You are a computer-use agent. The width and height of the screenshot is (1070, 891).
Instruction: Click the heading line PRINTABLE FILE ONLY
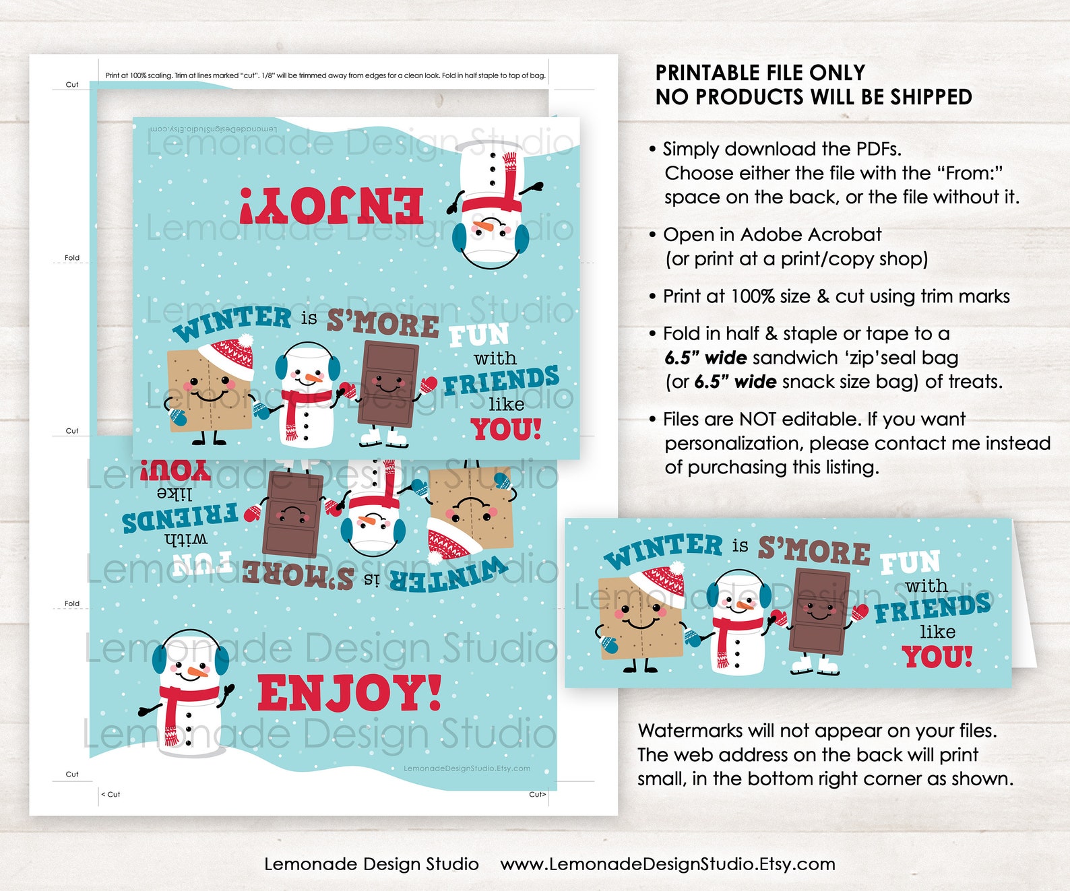[760, 73]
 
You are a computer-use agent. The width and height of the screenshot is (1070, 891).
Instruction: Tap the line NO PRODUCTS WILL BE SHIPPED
[813, 97]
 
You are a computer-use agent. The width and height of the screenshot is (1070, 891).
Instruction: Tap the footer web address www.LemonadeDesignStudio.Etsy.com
[667, 864]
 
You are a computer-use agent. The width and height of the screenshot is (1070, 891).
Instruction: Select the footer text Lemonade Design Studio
[371, 864]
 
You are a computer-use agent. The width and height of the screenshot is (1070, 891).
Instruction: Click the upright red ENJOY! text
[349, 694]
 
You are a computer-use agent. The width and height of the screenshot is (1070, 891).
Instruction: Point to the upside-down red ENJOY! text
[332, 205]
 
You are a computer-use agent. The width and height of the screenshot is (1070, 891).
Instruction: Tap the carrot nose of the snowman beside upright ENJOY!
[197, 671]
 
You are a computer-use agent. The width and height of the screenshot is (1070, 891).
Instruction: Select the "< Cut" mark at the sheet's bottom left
[111, 795]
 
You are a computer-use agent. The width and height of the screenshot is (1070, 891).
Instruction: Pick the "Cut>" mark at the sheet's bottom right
[537, 795]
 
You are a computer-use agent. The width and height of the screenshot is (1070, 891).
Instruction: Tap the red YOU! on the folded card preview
[937, 657]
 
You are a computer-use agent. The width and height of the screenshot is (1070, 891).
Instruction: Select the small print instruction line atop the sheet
[325, 75]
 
